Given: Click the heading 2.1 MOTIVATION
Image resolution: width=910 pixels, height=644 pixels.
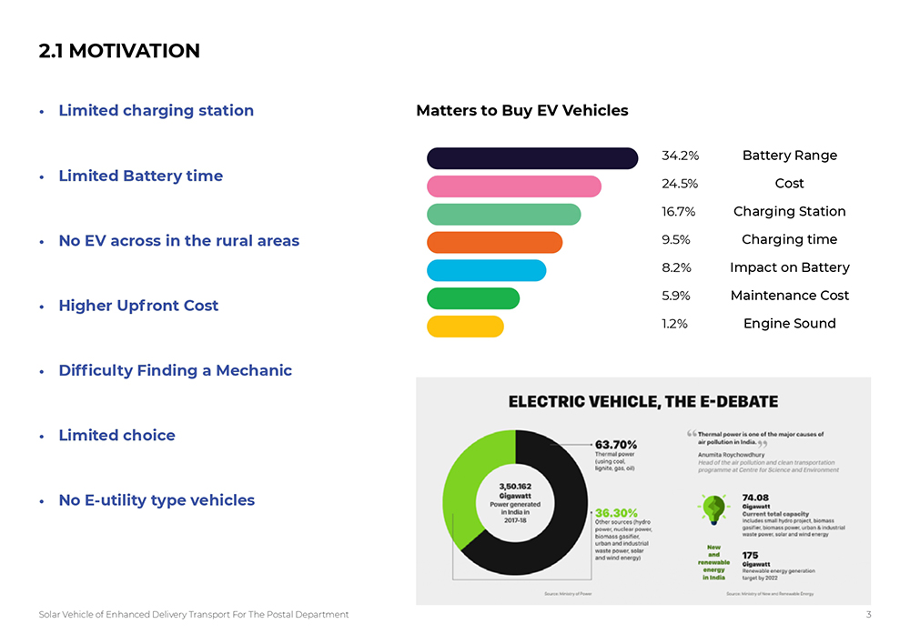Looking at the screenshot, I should [x=119, y=51].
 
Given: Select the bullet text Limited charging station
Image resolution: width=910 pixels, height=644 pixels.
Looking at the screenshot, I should [x=156, y=110].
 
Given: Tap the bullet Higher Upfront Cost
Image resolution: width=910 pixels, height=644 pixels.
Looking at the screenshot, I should [x=138, y=306].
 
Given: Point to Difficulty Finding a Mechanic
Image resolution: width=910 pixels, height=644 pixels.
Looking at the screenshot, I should [x=175, y=370].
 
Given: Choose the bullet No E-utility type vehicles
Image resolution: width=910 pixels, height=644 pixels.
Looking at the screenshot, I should [x=157, y=500].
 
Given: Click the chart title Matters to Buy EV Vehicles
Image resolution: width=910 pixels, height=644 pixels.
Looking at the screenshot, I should [x=521, y=111].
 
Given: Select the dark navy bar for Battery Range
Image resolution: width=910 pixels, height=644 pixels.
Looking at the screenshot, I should [x=532, y=158].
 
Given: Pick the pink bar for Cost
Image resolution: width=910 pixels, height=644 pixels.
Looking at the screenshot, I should [x=514, y=186].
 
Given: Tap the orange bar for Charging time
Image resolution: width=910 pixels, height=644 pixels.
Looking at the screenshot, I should [x=494, y=242].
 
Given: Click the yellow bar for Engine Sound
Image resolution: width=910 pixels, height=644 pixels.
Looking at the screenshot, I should [x=465, y=327].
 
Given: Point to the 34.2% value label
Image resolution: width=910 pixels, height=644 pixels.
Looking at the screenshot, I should [x=680, y=156].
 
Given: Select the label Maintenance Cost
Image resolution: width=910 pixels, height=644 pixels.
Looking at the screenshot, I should [x=789, y=296].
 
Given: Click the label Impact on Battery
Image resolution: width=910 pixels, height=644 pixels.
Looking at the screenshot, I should [x=789, y=267].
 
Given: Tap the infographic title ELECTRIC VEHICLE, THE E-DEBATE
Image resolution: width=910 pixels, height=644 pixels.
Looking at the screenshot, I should [x=642, y=401].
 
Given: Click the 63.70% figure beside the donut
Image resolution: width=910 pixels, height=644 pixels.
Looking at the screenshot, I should [x=615, y=445].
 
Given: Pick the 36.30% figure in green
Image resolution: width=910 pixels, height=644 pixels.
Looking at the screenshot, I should [x=615, y=513].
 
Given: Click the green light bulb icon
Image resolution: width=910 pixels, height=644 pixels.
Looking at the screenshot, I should [x=713, y=507].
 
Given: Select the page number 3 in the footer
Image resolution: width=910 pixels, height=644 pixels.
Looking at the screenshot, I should [x=868, y=615].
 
